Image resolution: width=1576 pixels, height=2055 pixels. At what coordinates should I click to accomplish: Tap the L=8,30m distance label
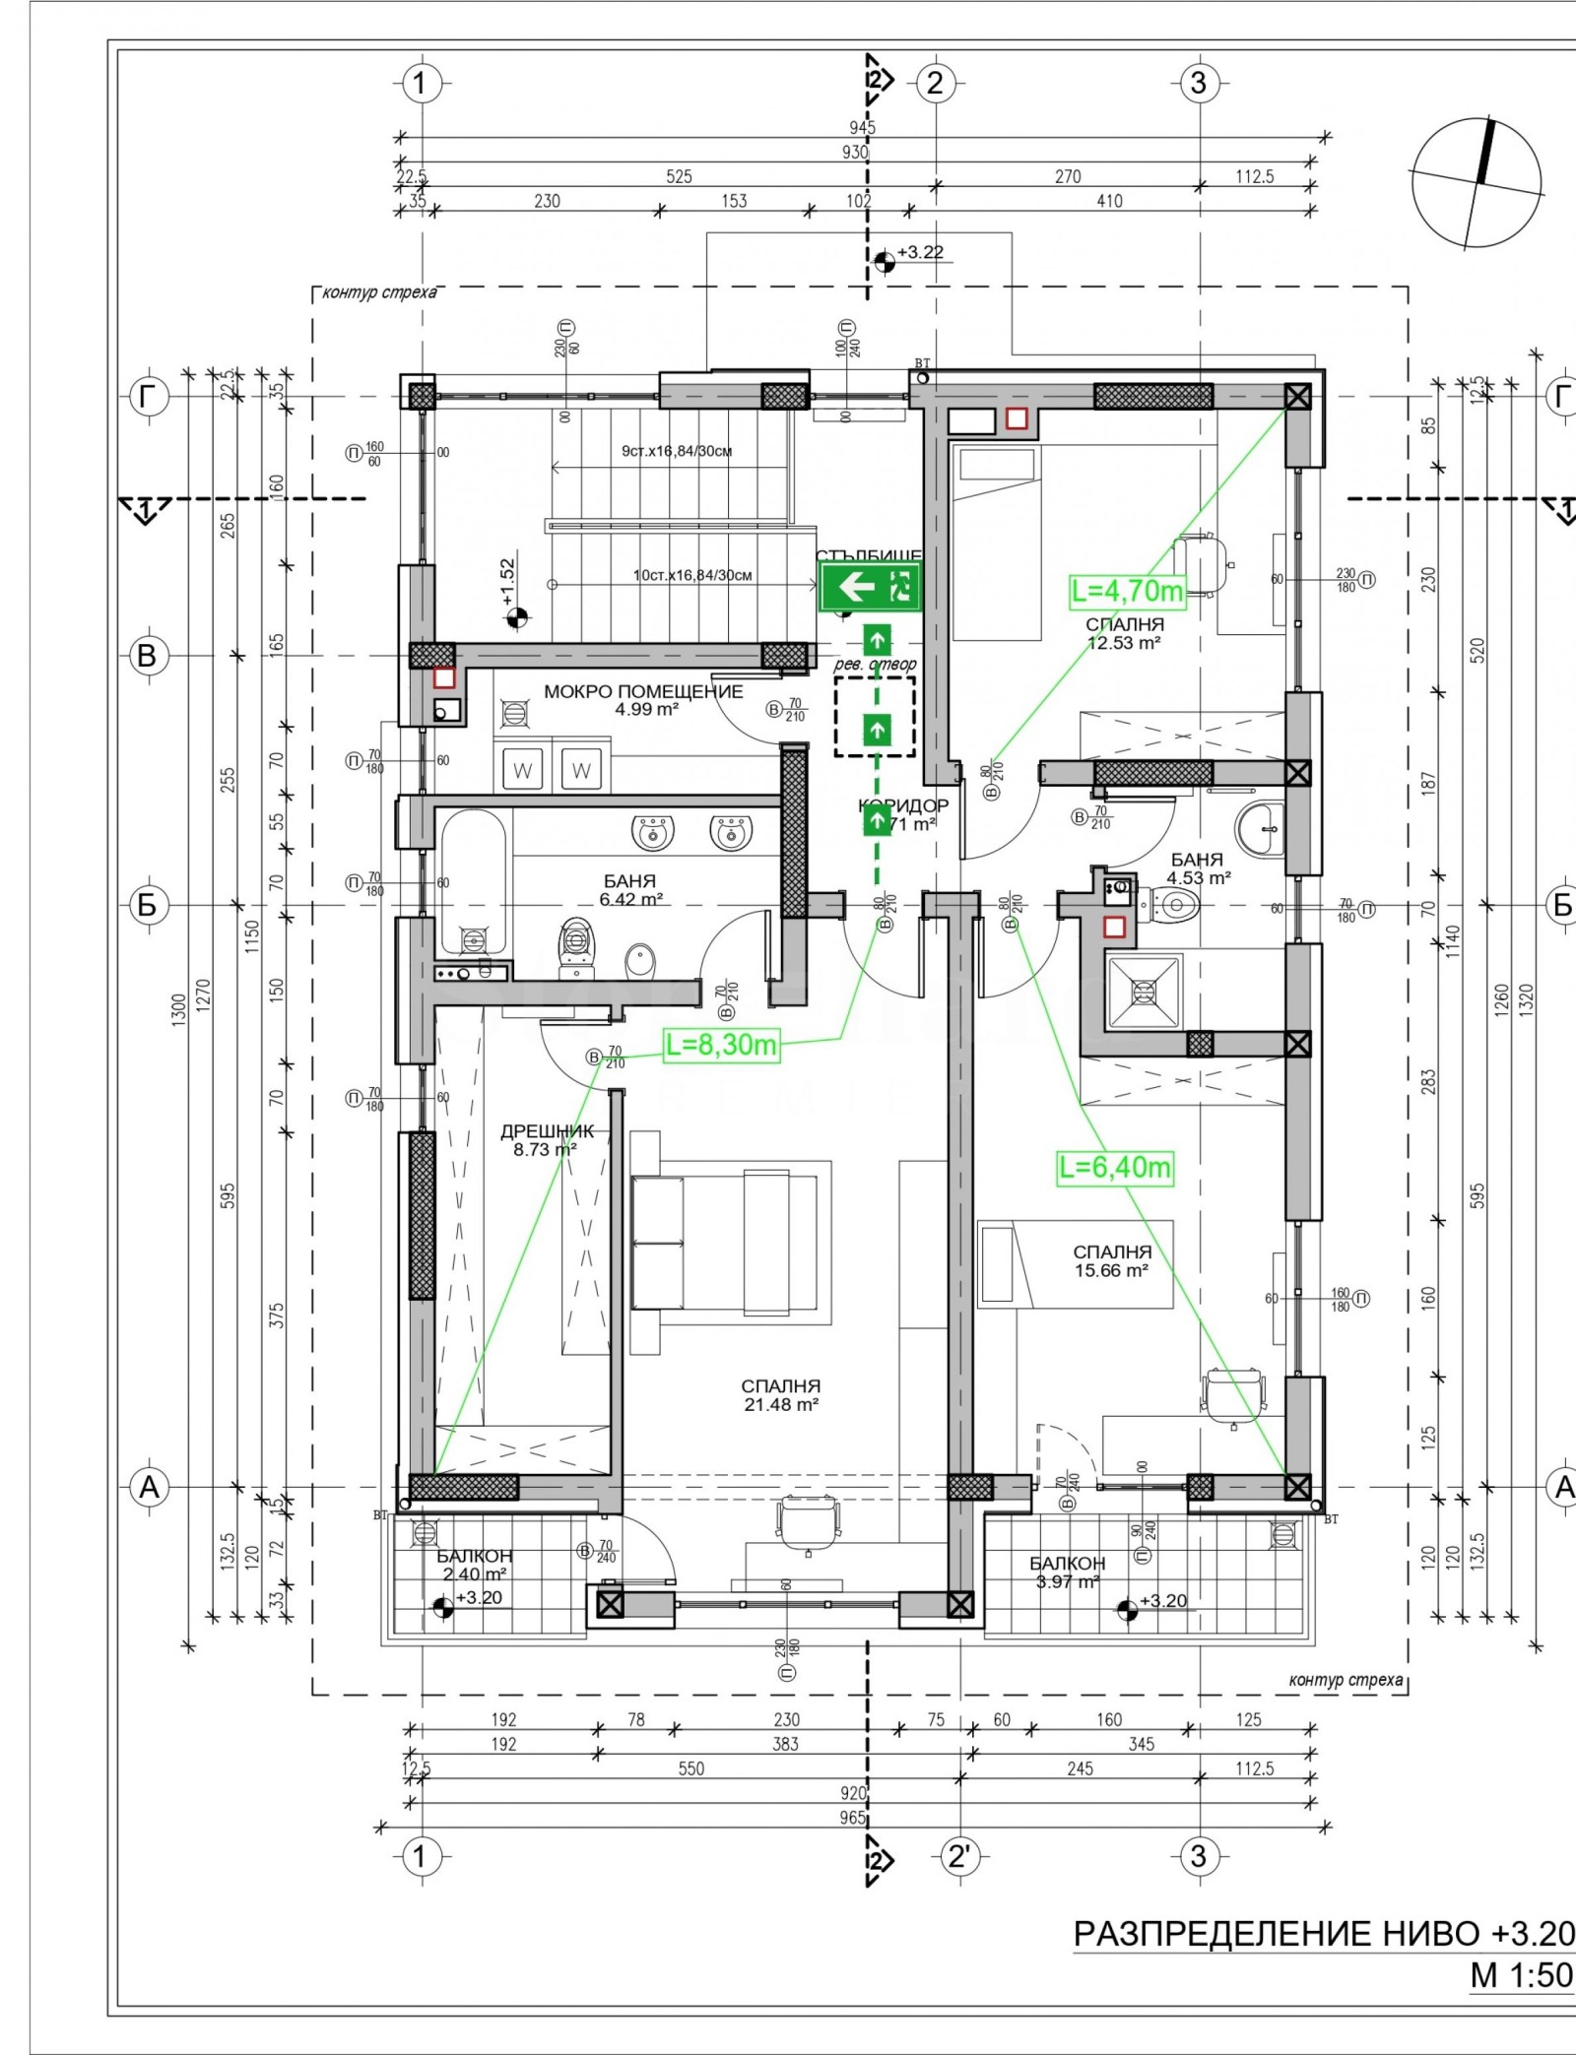(x=721, y=1045)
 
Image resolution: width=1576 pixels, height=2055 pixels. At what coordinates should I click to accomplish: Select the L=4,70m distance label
(x=1128, y=591)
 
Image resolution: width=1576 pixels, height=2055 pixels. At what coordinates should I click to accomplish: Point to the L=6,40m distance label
(x=1115, y=1168)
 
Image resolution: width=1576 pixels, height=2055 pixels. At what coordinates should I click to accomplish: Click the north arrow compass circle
(x=1476, y=182)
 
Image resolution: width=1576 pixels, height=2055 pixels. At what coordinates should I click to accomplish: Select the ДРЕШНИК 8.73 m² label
(x=547, y=1140)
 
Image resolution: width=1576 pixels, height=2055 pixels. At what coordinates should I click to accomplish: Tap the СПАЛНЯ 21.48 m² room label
(x=780, y=1395)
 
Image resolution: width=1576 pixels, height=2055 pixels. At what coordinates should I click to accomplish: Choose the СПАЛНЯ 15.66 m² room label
(x=1111, y=1260)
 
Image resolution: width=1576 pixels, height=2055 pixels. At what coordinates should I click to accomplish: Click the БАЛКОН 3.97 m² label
(x=1067, y=1573)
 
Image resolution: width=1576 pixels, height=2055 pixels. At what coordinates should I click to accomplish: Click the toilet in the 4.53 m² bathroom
(x=1171, y=902)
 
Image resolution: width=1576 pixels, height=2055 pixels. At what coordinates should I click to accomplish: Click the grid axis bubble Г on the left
(x=148, y=397)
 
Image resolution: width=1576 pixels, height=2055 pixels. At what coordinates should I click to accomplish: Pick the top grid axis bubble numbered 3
(x=1198, y=83)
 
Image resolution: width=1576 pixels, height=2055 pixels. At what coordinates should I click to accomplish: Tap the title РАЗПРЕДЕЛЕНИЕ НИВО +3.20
(x=1323, y=1933)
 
